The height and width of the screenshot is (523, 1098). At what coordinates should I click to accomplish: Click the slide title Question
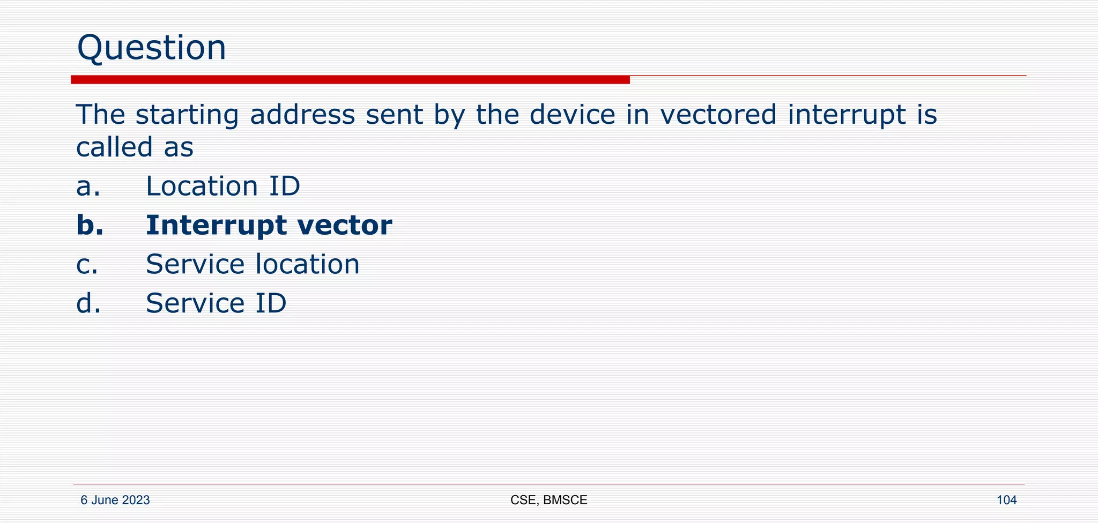pos(152,48)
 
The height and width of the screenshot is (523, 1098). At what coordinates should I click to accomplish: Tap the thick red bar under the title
pos(350,80)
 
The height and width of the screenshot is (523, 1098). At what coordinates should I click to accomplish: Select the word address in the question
pos(302,115)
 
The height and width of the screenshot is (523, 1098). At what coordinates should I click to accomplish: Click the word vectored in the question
pos(718,115)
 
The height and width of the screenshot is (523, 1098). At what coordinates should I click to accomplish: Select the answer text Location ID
pos(223,186)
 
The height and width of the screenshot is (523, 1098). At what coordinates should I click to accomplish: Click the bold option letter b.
pos(90,225)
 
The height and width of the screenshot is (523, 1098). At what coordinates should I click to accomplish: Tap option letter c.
pos(87,265)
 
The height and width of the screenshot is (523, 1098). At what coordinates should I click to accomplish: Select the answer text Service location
pos(253,264)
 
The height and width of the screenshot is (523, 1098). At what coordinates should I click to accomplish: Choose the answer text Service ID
pos(216,303)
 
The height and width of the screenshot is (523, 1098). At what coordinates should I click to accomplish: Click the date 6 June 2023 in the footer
pos(115,500)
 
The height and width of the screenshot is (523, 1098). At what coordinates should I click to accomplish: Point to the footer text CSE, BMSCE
pos(548,500)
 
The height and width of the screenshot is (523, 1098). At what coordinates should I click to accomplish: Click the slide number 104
pos(1006,500)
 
